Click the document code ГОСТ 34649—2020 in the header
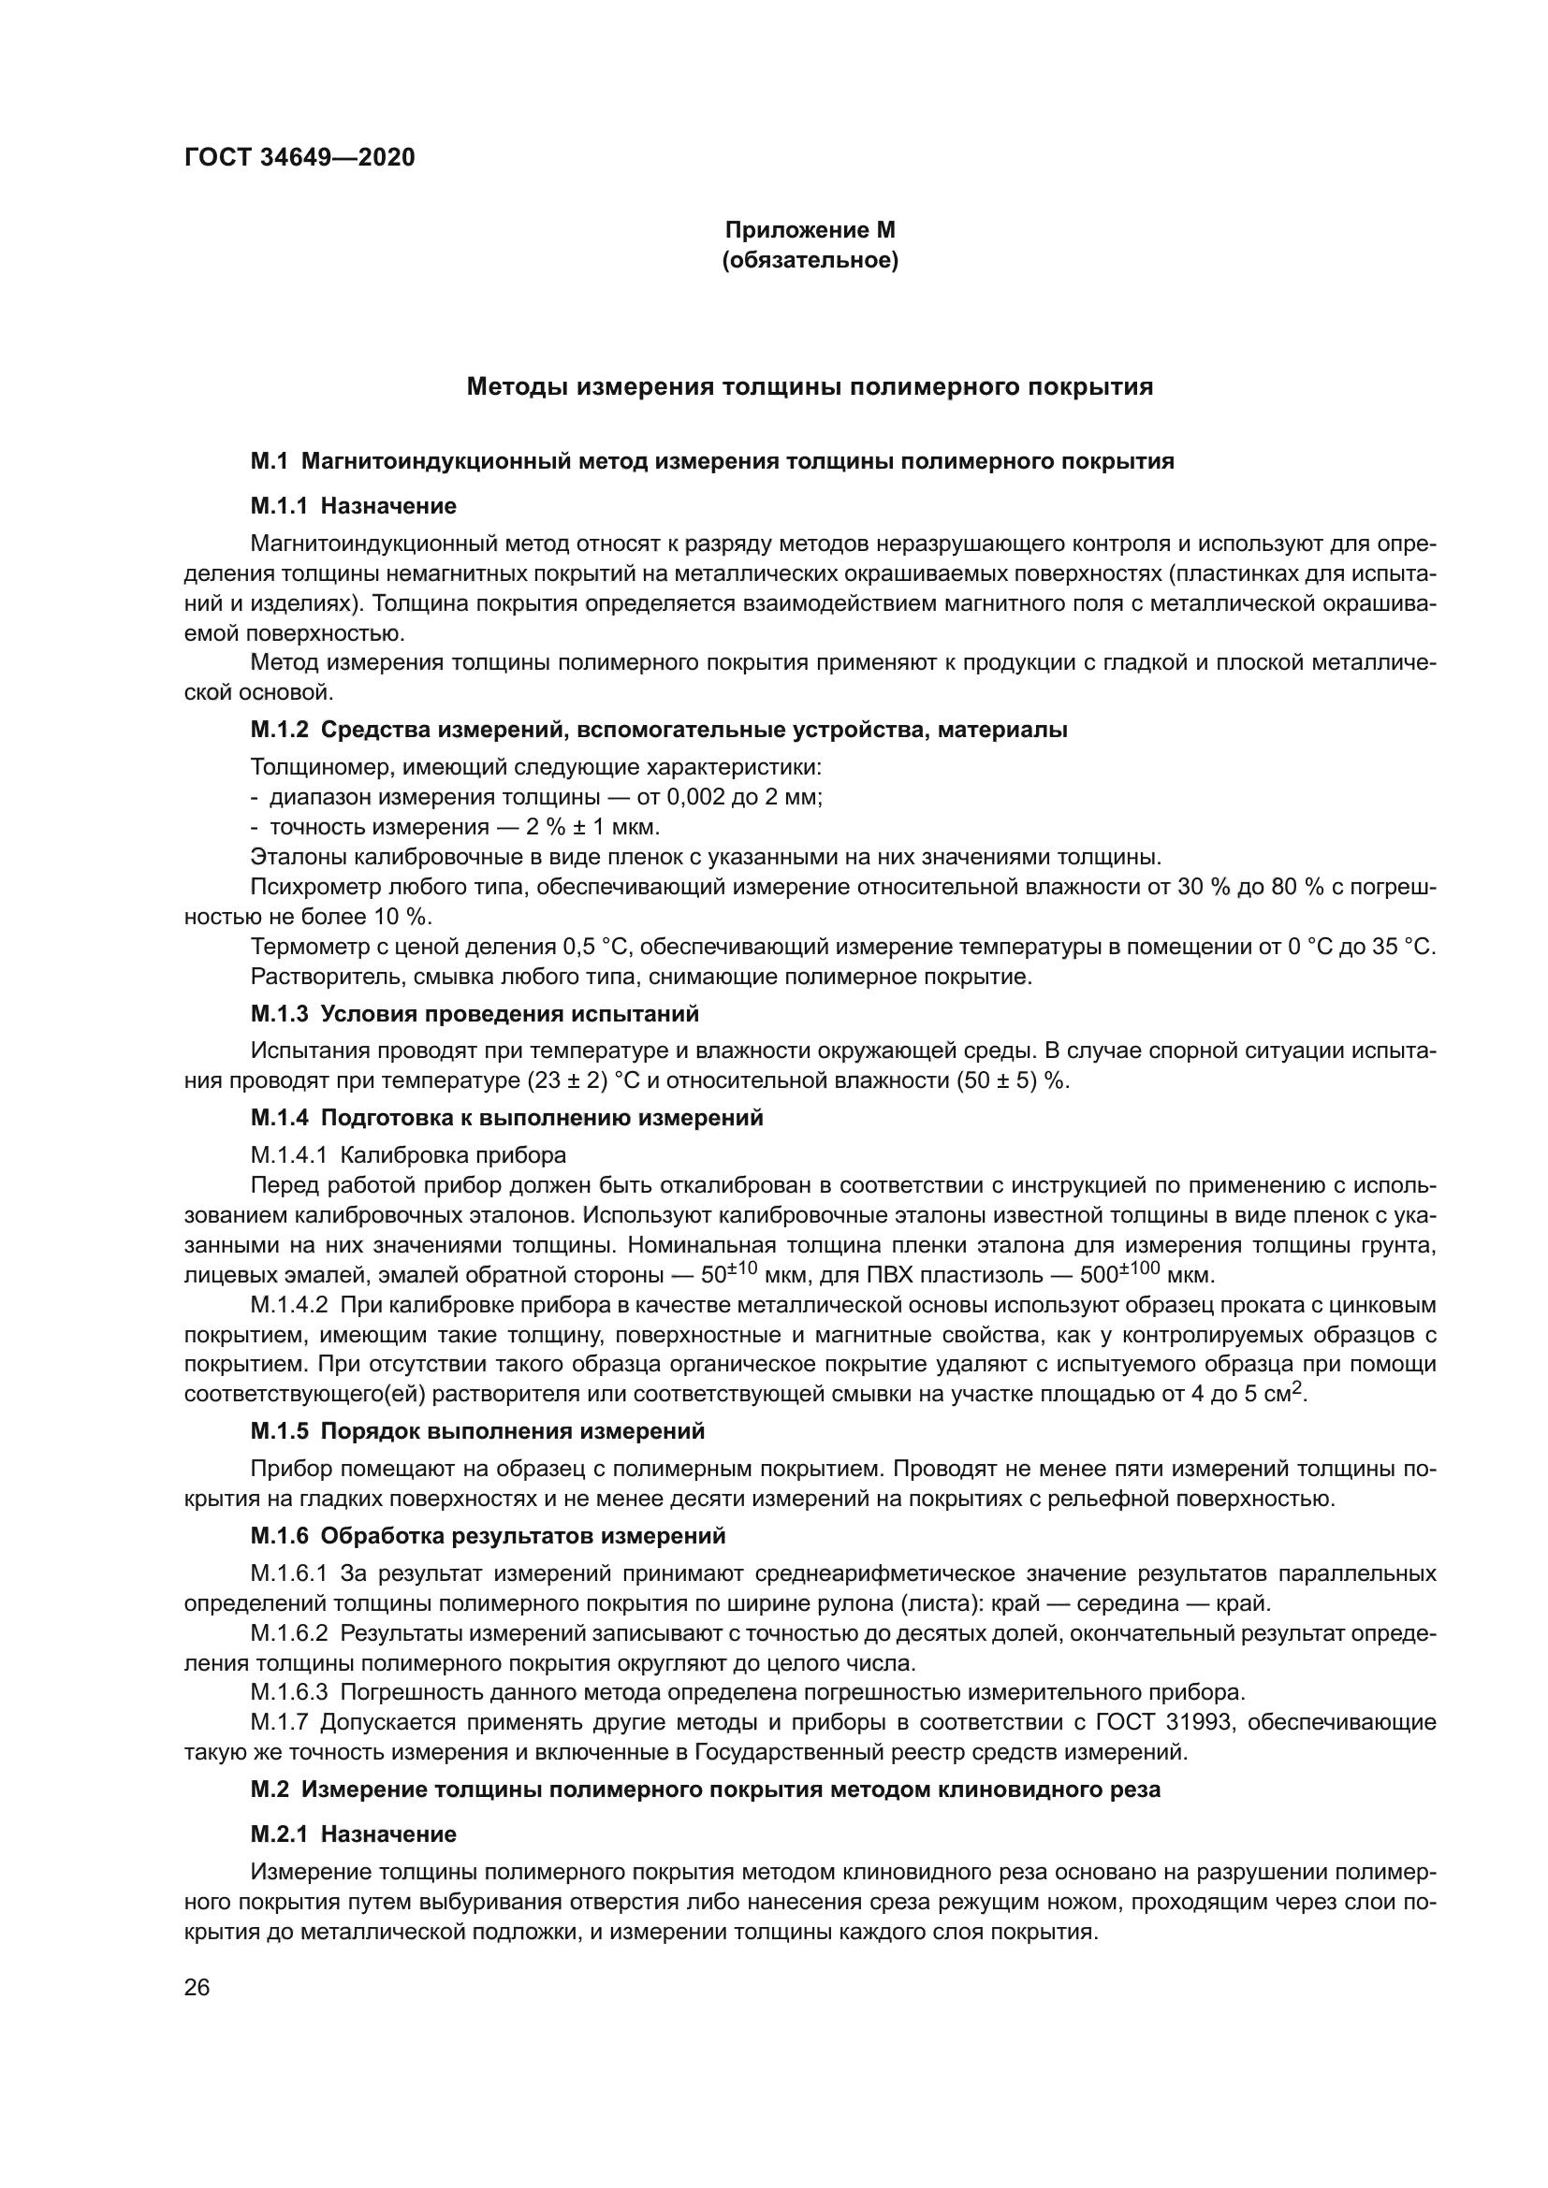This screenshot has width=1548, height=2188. click(x=299, y=157)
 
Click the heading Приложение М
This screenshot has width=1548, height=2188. click(x=810, y=230)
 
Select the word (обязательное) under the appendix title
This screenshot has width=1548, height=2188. click(x=810, y=260)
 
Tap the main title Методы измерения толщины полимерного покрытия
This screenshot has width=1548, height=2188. click(x=810, y=387)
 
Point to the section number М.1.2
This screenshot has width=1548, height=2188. click(x=279, y=730)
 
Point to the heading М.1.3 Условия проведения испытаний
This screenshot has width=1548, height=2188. click(x=474, y=1014)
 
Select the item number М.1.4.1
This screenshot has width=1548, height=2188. click(x=289, y=1156)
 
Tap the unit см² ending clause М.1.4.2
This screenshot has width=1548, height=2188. click(x=1288, y=1395)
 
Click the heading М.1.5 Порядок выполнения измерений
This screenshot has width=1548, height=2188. click(x=476, y=1431)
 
